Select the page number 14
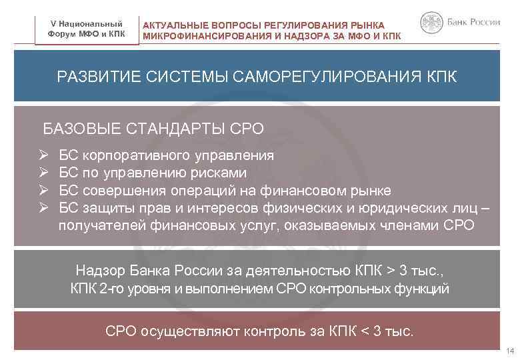(510, 351)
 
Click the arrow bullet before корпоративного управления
(43, 156)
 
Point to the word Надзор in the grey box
(99, 271)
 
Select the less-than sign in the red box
(363, 330)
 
